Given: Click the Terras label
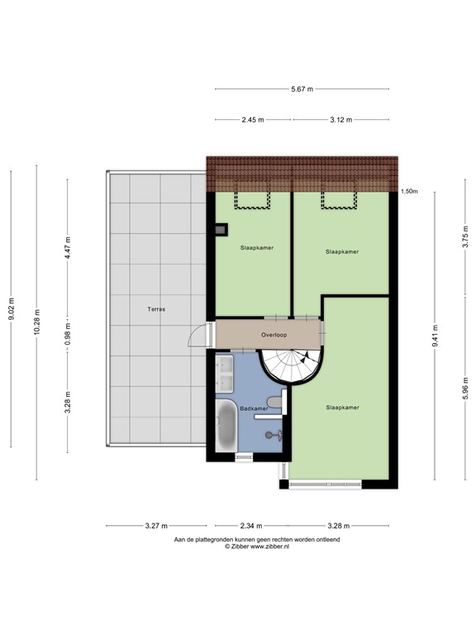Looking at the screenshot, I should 156,309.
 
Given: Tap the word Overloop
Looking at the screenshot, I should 274,337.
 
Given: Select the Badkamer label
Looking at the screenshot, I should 254,408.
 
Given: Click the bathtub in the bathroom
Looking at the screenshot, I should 226,425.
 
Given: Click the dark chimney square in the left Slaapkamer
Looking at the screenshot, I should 220,231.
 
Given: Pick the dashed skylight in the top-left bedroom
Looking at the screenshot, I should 245,199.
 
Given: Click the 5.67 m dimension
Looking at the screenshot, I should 302,89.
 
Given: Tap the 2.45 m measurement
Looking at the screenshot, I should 253,120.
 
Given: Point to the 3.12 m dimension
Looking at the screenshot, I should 340,120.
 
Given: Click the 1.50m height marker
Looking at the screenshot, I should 409,191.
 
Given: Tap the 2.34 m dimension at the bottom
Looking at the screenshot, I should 252,526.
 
